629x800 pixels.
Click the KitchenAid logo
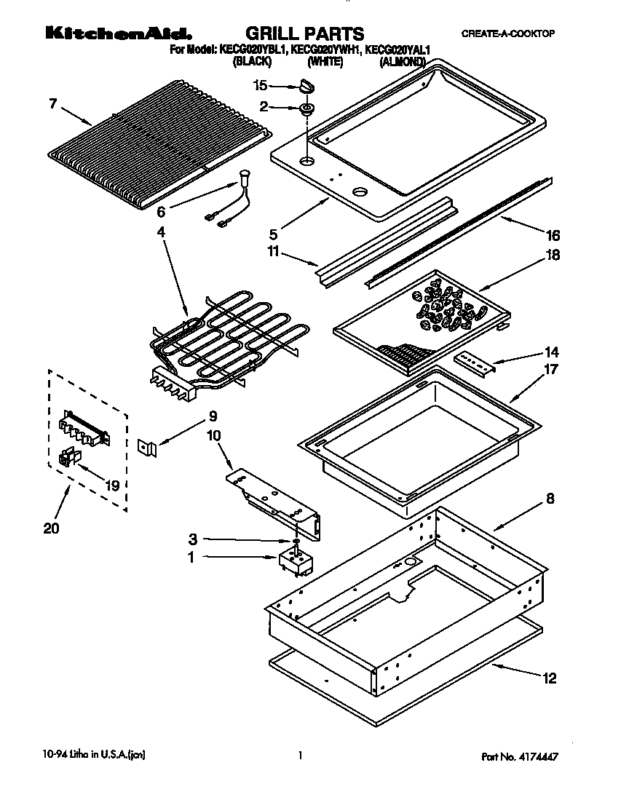119,33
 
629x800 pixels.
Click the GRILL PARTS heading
304,33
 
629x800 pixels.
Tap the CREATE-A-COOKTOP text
507,33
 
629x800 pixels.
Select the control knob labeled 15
307,86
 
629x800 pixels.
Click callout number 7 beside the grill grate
53,103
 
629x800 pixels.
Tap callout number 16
553,235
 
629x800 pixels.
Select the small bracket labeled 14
475,364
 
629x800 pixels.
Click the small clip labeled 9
148,447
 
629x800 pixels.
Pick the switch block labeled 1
296,561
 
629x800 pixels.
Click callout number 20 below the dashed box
51,528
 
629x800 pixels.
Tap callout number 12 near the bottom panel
549,678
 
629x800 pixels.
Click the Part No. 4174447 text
519,756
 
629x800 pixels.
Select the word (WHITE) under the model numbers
325,62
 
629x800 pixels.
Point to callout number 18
553,255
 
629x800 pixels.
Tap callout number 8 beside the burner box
550,498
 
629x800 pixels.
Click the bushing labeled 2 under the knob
307,109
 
